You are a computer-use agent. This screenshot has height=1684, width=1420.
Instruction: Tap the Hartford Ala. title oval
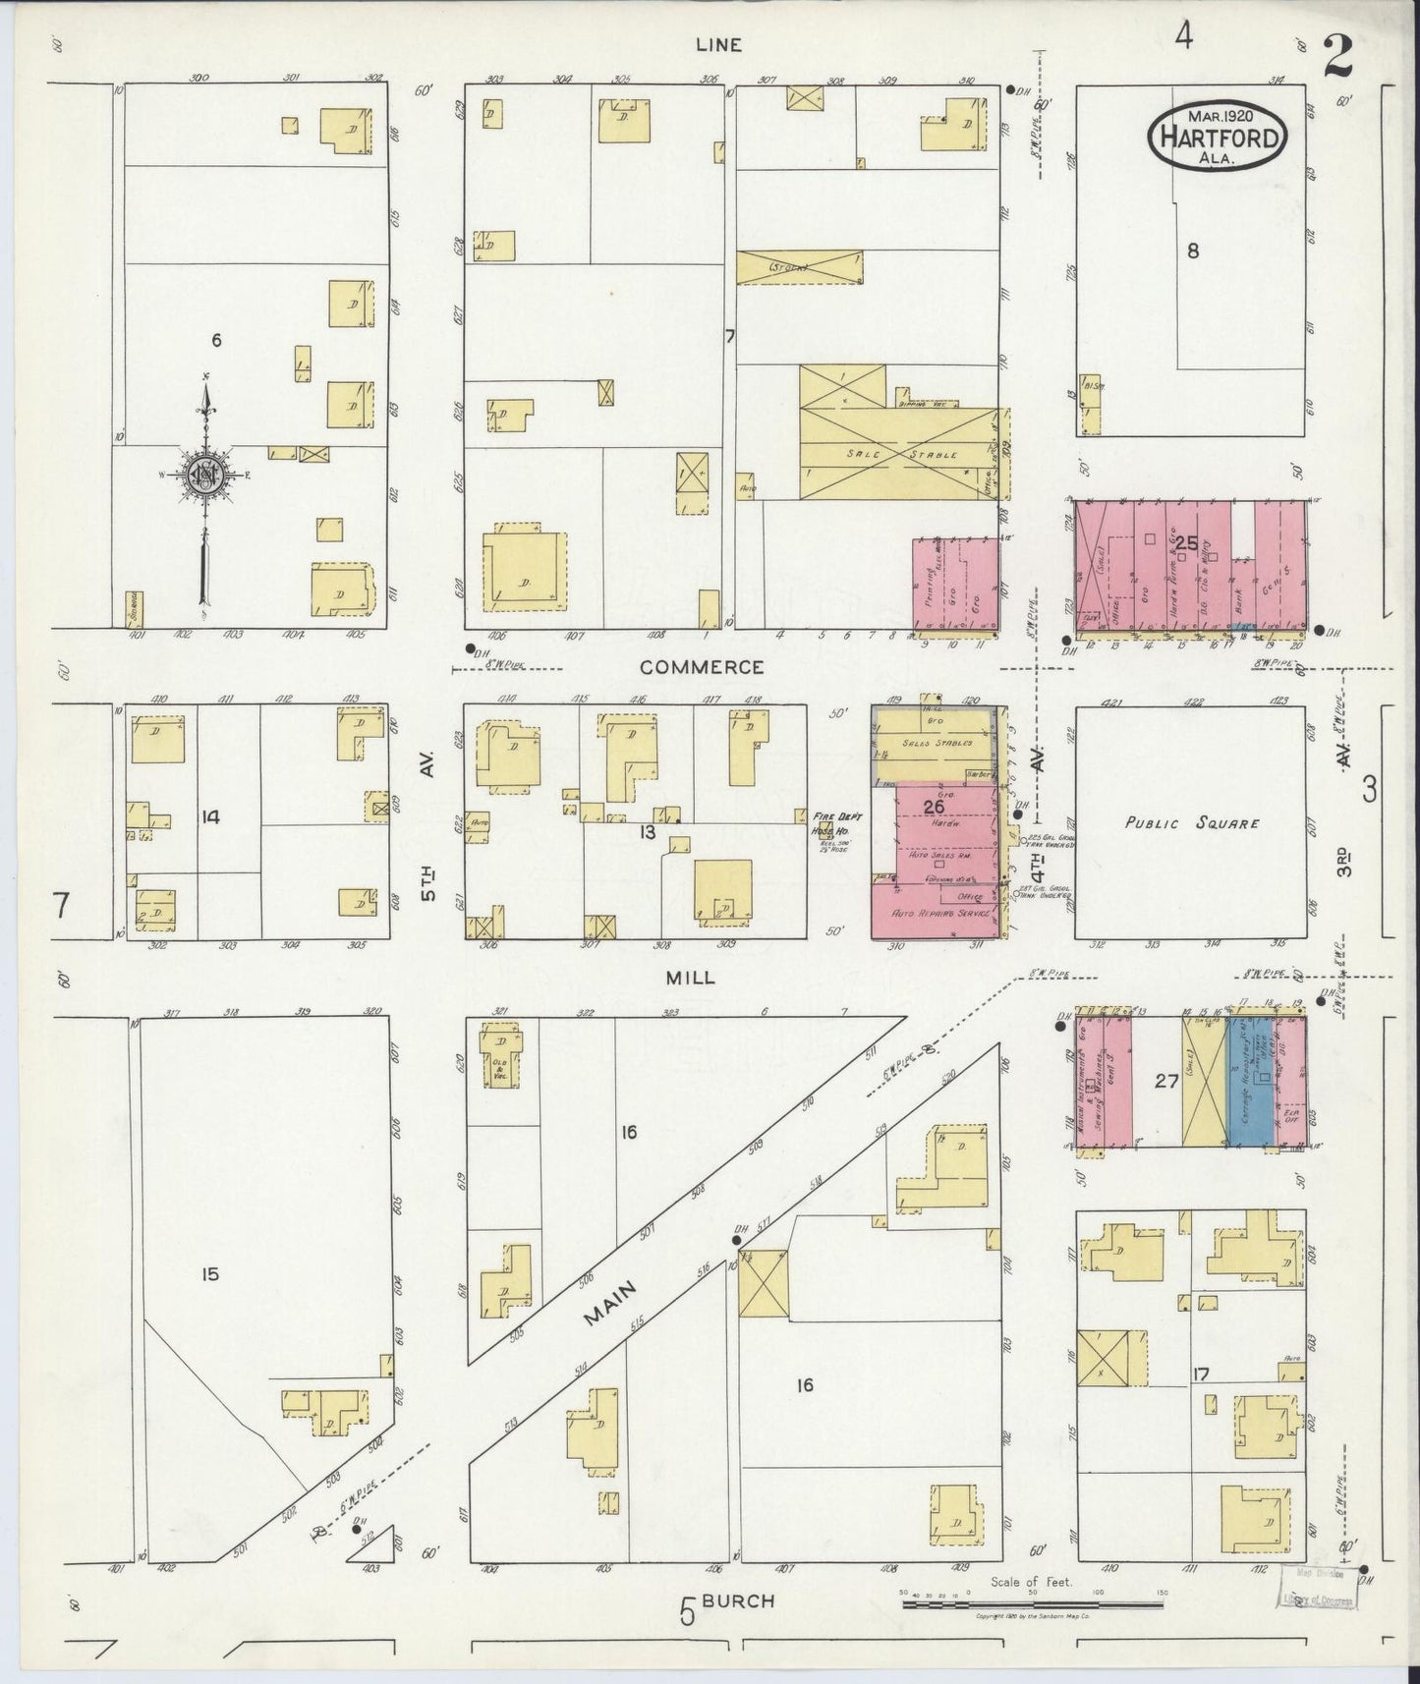[1218, 136]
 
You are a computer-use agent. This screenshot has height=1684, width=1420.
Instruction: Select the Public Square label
[1191, 823]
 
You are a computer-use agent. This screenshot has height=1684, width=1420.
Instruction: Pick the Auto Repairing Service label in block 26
[938, 913]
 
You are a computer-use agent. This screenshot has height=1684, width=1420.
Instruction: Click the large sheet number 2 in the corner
[1336, 56]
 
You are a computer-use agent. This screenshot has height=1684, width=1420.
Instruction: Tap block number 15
[209, 1274]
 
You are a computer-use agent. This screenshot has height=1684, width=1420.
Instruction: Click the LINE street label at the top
[718, 44]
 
